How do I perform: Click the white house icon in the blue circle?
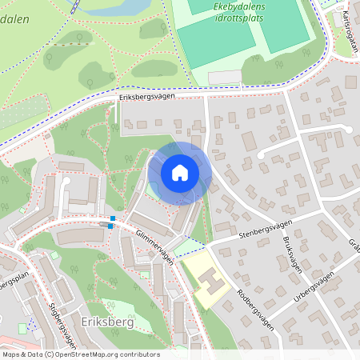pyautogui.click(x=179, y=173)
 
